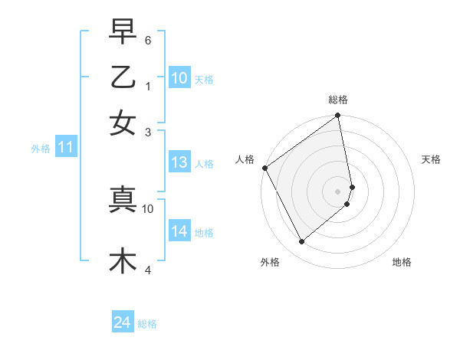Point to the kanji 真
coord(123,200)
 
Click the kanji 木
coord(123,261)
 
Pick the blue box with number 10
coord(179,78)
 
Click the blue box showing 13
coord(179,162)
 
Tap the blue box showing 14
coord(179,231)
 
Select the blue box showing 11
coord(65,148)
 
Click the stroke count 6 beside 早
coord(149,39)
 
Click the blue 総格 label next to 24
coord(147,324)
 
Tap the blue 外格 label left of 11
coord(41,149)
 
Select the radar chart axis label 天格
coord(432,159)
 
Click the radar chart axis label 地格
coord(402,262)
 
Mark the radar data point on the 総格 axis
coord(338,116)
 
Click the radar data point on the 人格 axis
coord(264,168)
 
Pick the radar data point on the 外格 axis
coord(301,242)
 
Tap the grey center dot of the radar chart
coord(338,191)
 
